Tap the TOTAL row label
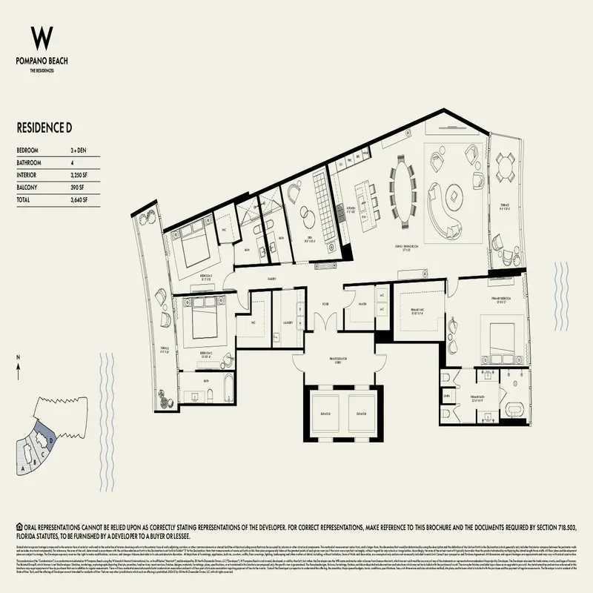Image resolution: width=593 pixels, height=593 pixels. (x=25, y=200)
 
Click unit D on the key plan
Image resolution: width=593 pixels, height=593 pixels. (x=48, y=439)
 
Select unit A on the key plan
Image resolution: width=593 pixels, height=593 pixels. (x=24, y=468)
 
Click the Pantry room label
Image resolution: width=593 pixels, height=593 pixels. (x=362, y=303)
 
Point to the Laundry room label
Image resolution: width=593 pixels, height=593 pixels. (x=285, y=323)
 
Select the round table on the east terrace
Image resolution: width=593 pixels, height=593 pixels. (x=506, y=165)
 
